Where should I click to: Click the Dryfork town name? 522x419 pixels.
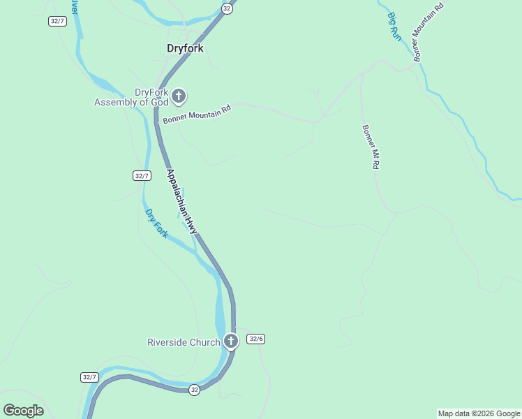(185, 48)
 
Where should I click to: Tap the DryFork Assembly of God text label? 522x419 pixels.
(132, 97)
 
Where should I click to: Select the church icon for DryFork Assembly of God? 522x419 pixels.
(179, 96)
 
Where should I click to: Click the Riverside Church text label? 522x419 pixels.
(184, 342)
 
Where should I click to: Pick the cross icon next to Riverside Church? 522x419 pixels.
(231, 341)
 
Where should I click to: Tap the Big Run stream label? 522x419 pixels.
(395, 27)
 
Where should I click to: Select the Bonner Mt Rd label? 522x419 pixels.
(370, 147)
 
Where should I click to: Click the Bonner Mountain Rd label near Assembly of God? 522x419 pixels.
(197, 115)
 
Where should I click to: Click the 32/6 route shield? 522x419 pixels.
(256, 339)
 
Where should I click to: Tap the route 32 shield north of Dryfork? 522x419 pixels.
(227, 8)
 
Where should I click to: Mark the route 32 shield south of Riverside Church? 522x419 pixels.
(194, 390)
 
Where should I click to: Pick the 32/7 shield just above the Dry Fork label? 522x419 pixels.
(142, 176)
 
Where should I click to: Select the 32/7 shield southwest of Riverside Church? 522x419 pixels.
(89, 377)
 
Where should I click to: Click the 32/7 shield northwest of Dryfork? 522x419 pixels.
(58, 21)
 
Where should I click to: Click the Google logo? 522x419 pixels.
(23, 411)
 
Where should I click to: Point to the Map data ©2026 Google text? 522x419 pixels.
(479, 413)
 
